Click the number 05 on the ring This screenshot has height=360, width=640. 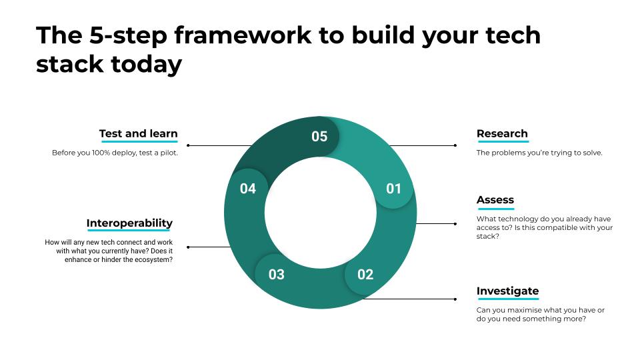319,136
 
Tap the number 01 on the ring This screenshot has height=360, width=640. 393,189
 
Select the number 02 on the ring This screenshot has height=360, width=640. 365,274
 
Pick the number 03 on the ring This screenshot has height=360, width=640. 276,274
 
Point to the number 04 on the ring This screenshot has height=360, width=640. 248,189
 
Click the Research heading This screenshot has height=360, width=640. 502,133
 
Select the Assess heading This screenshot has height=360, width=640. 495,199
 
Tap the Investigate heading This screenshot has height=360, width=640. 507,291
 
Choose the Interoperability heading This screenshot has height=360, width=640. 129,223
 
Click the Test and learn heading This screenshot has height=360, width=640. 139,133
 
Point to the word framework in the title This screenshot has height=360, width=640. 243,35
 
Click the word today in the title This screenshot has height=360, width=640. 147,65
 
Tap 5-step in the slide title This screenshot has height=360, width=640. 128,36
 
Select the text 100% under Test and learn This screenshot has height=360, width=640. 101,153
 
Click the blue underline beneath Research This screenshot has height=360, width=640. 503,141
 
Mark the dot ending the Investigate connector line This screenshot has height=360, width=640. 455,299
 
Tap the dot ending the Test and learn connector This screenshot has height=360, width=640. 188,145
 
